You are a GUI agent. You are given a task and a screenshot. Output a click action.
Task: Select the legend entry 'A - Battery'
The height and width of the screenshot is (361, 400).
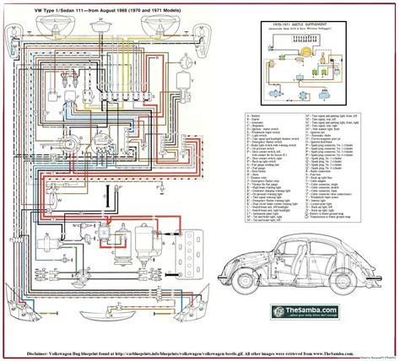tap(229, 112)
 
